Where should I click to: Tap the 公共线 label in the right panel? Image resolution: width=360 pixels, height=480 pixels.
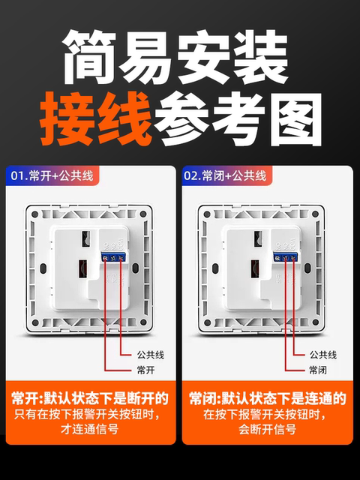point(323,354)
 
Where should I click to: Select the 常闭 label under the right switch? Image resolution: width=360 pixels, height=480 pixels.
point(318,370)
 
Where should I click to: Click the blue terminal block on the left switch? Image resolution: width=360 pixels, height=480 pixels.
point(114,257)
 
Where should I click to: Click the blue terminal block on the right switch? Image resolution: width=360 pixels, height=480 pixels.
point(286,257)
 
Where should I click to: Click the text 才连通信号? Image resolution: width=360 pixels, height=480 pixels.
point(90,430)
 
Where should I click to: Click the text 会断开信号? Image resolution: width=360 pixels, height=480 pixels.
point(267,430)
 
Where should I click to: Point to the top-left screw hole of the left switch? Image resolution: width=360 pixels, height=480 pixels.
point(34,214)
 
